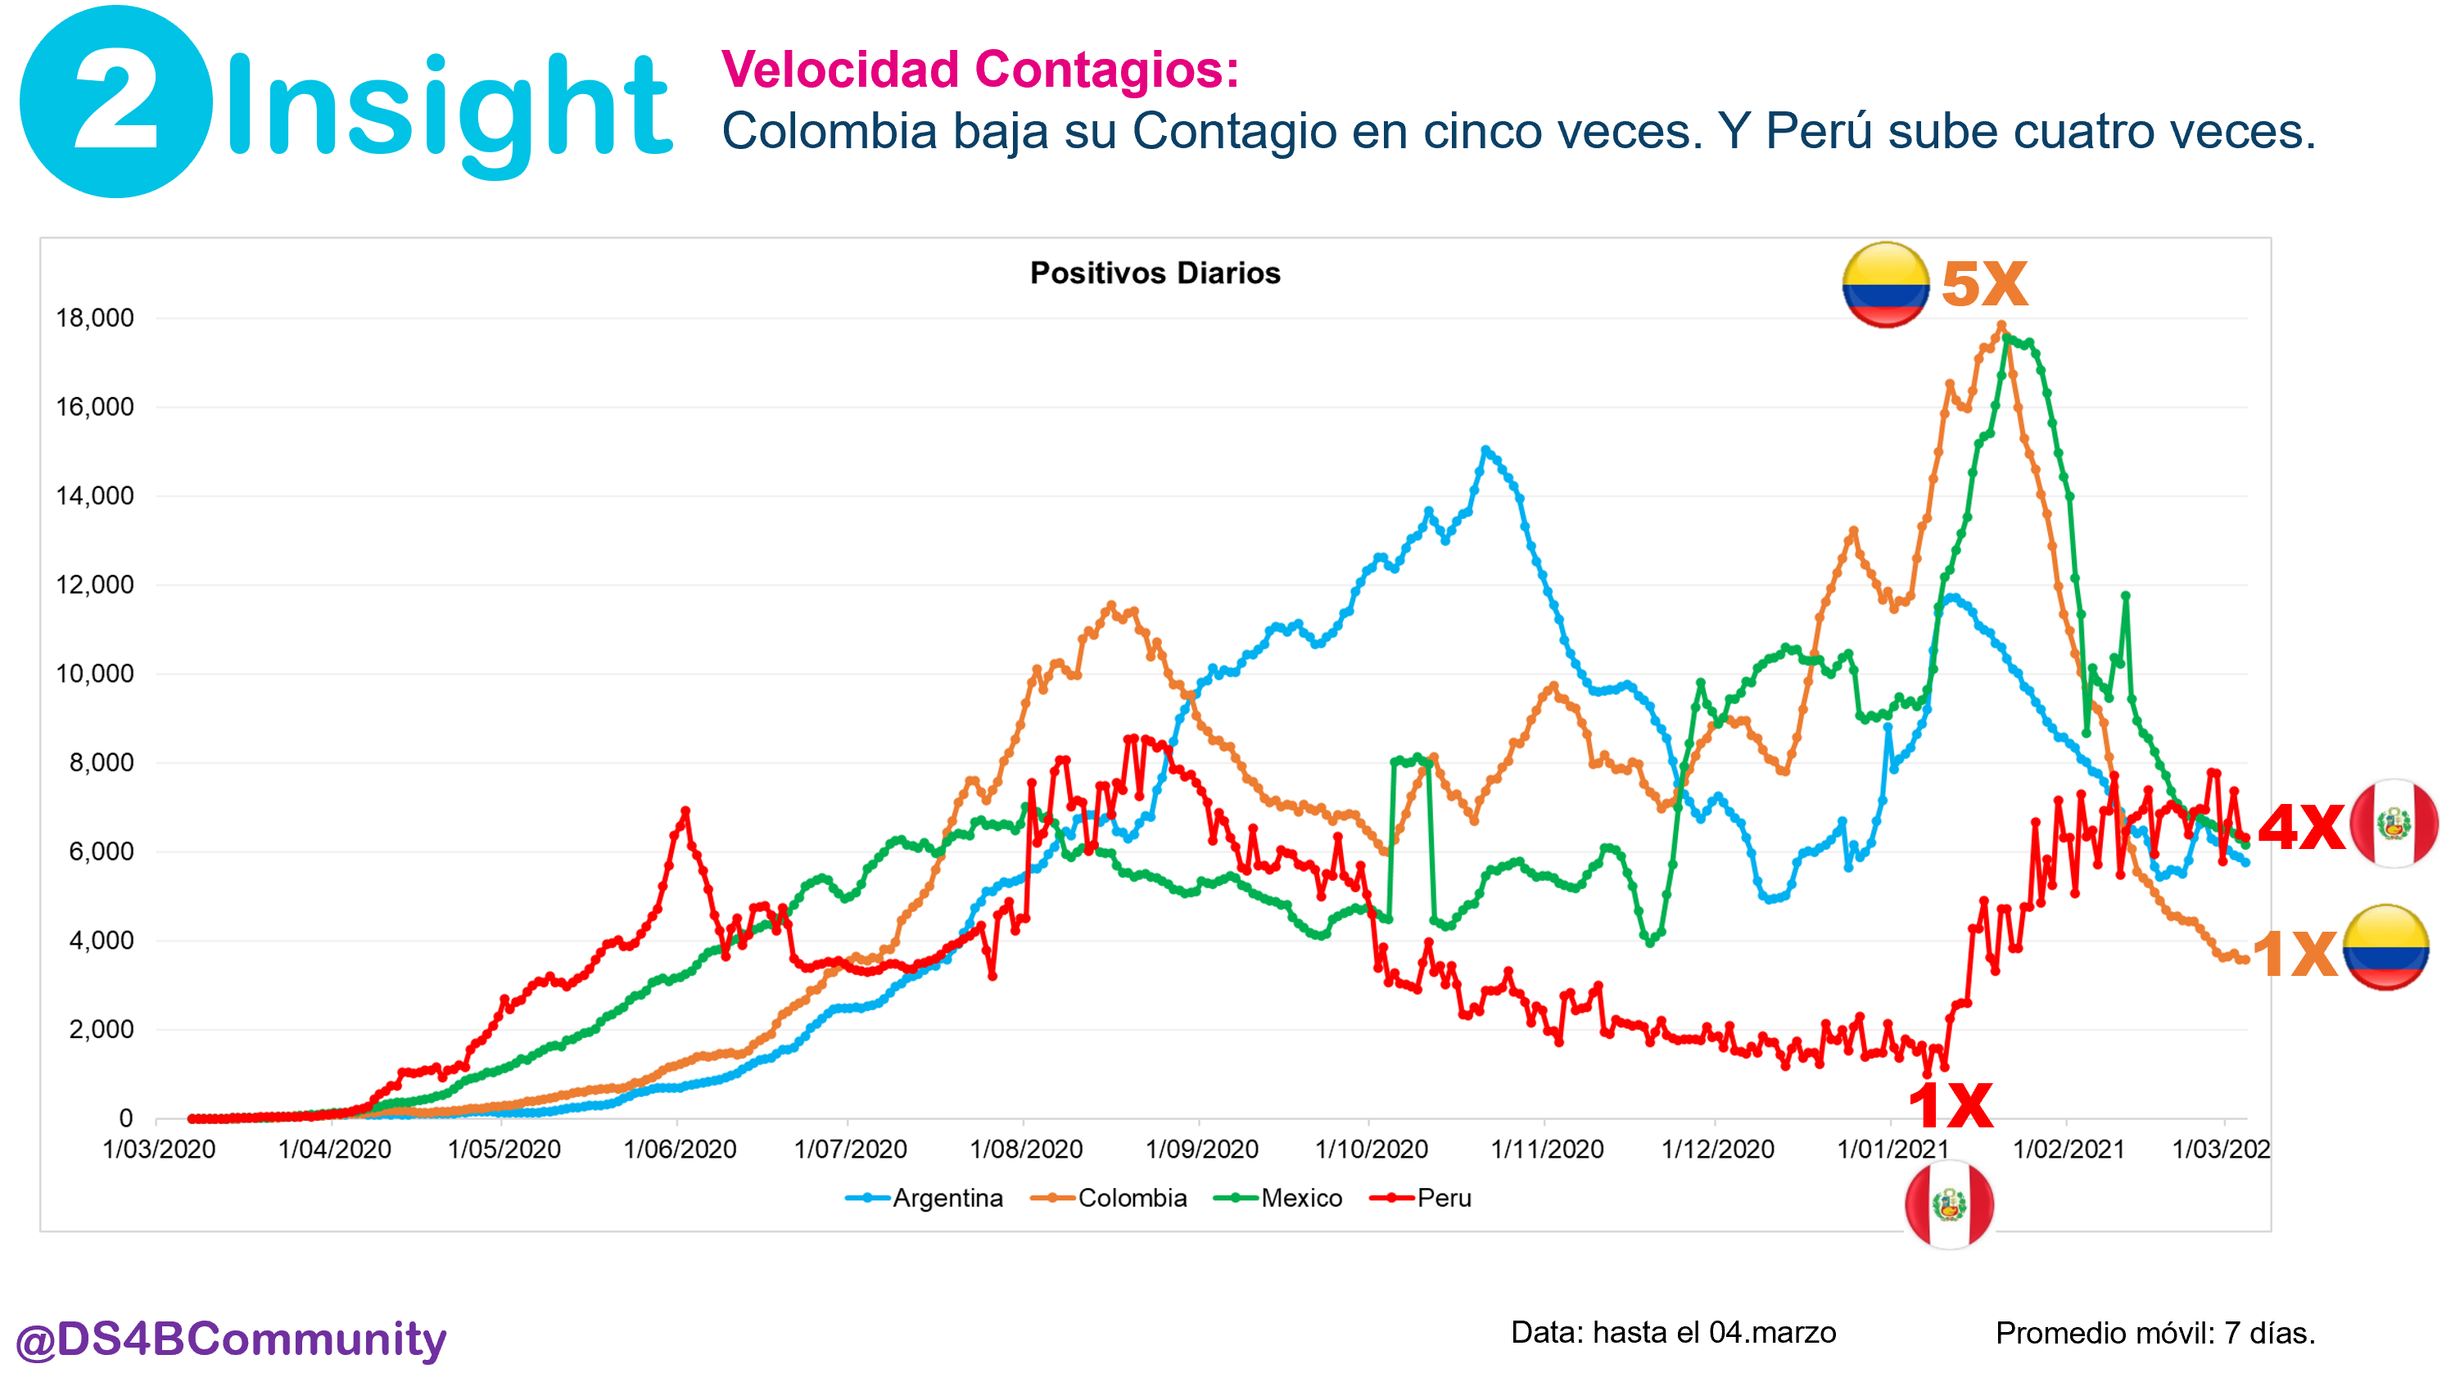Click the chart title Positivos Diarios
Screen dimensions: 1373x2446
pos(1155,273)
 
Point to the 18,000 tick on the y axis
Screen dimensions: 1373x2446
pos(95,318)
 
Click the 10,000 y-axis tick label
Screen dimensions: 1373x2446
pos(95,674)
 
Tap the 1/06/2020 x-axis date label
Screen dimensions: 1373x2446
pos(680,1149)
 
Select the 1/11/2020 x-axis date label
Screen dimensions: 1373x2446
pos(1547,1149)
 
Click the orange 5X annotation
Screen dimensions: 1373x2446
pos(1983,284)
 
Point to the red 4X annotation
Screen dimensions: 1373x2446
pos(2301,826)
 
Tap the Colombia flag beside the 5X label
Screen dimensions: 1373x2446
pos(1885,285)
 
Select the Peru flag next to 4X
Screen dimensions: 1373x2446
pos(2394,824)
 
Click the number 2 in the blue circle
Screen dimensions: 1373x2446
pos(115,102)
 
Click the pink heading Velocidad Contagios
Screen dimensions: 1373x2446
pos(980,70)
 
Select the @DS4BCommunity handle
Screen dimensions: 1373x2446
pos(231,1339)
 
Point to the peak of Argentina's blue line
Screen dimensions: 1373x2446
pos(1486,450)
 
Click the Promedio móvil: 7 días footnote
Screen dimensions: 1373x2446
pos(2154,1333)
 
